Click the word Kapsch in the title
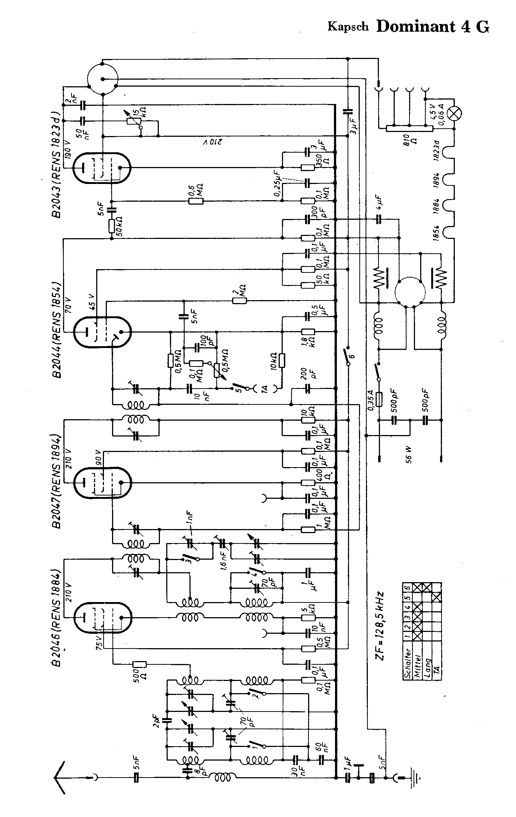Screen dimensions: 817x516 click(348, 27)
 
